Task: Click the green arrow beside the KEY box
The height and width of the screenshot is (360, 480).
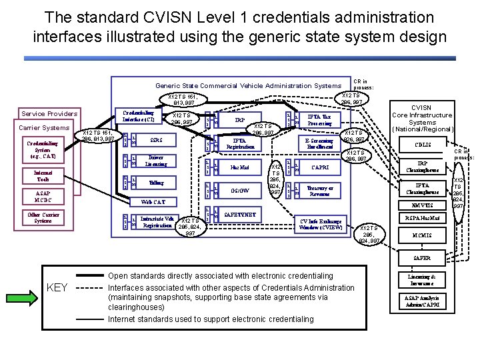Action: coord(21,287)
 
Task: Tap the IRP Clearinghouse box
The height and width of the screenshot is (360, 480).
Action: coord(422,166)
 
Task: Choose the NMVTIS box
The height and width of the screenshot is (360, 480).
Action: coord(422,205)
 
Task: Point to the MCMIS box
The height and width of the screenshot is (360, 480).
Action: coord(422,235)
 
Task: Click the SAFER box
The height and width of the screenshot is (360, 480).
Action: coord(422,258)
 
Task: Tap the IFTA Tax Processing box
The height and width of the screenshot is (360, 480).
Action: coord(319,120)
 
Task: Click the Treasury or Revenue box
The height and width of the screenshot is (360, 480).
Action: coord(319,190)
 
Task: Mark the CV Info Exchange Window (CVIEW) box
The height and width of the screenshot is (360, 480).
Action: coord(321,225)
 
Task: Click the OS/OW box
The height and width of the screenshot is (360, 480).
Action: coord(239,190)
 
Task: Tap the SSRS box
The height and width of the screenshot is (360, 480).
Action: coord(156,141)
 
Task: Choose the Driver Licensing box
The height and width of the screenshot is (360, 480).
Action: coord(156,161)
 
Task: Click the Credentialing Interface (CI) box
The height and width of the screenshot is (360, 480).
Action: coord(138,116)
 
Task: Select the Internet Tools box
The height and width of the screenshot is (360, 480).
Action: coord(42,175)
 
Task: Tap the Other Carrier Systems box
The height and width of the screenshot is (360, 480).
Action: coord(42,217)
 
